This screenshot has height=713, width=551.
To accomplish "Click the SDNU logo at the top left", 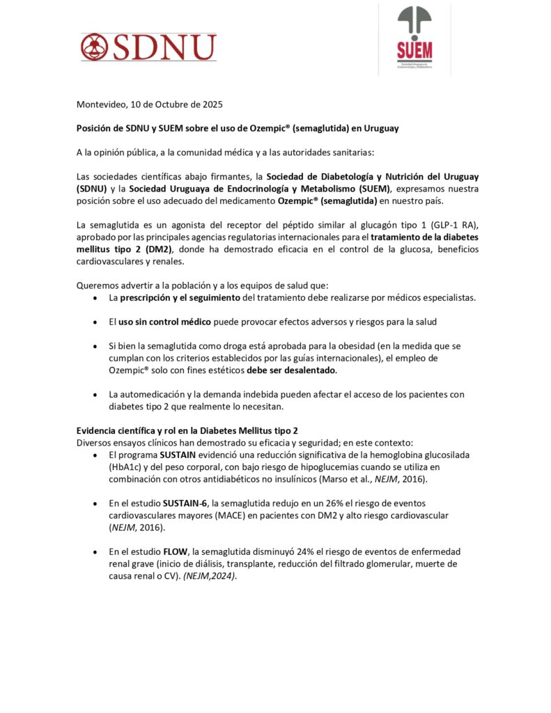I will pos(148,47).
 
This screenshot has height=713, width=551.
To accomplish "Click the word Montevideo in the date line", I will pos(101,105).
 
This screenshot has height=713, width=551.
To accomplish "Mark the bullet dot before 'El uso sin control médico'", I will pos(95,322).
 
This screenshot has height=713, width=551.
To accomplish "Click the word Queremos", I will pos(99,285).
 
